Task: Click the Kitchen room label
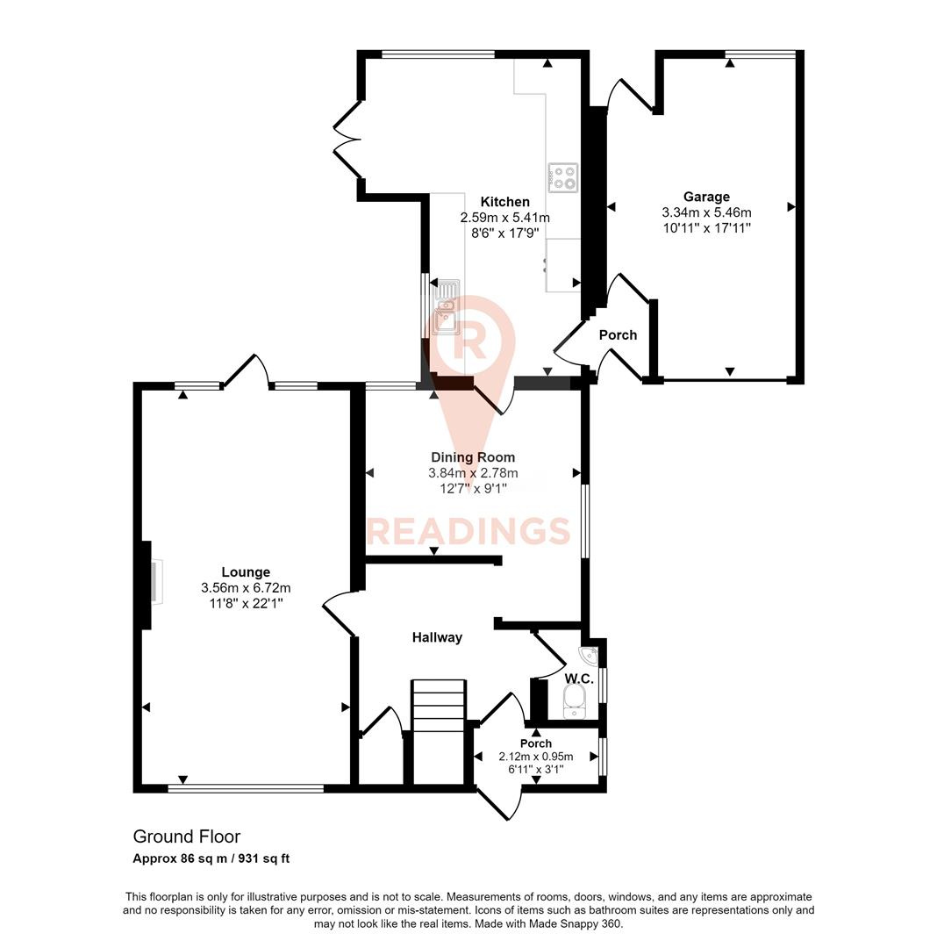pos(504,202)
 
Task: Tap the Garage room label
pos(706,197)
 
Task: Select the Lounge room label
pos(246,572)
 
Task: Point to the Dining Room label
pos(473,457)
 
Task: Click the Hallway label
pos(437,637)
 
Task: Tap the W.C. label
pos(579,679)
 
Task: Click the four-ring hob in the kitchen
pos(562,178)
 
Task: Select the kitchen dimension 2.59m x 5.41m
pos(504,218)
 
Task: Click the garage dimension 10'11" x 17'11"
pos(706,227)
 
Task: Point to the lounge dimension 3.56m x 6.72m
pos(246,588)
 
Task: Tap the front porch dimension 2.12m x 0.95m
pos(535,757)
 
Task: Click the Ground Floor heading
pos(186,837)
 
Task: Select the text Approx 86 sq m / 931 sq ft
pos(211,858)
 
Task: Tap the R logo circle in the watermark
pos(472,341)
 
